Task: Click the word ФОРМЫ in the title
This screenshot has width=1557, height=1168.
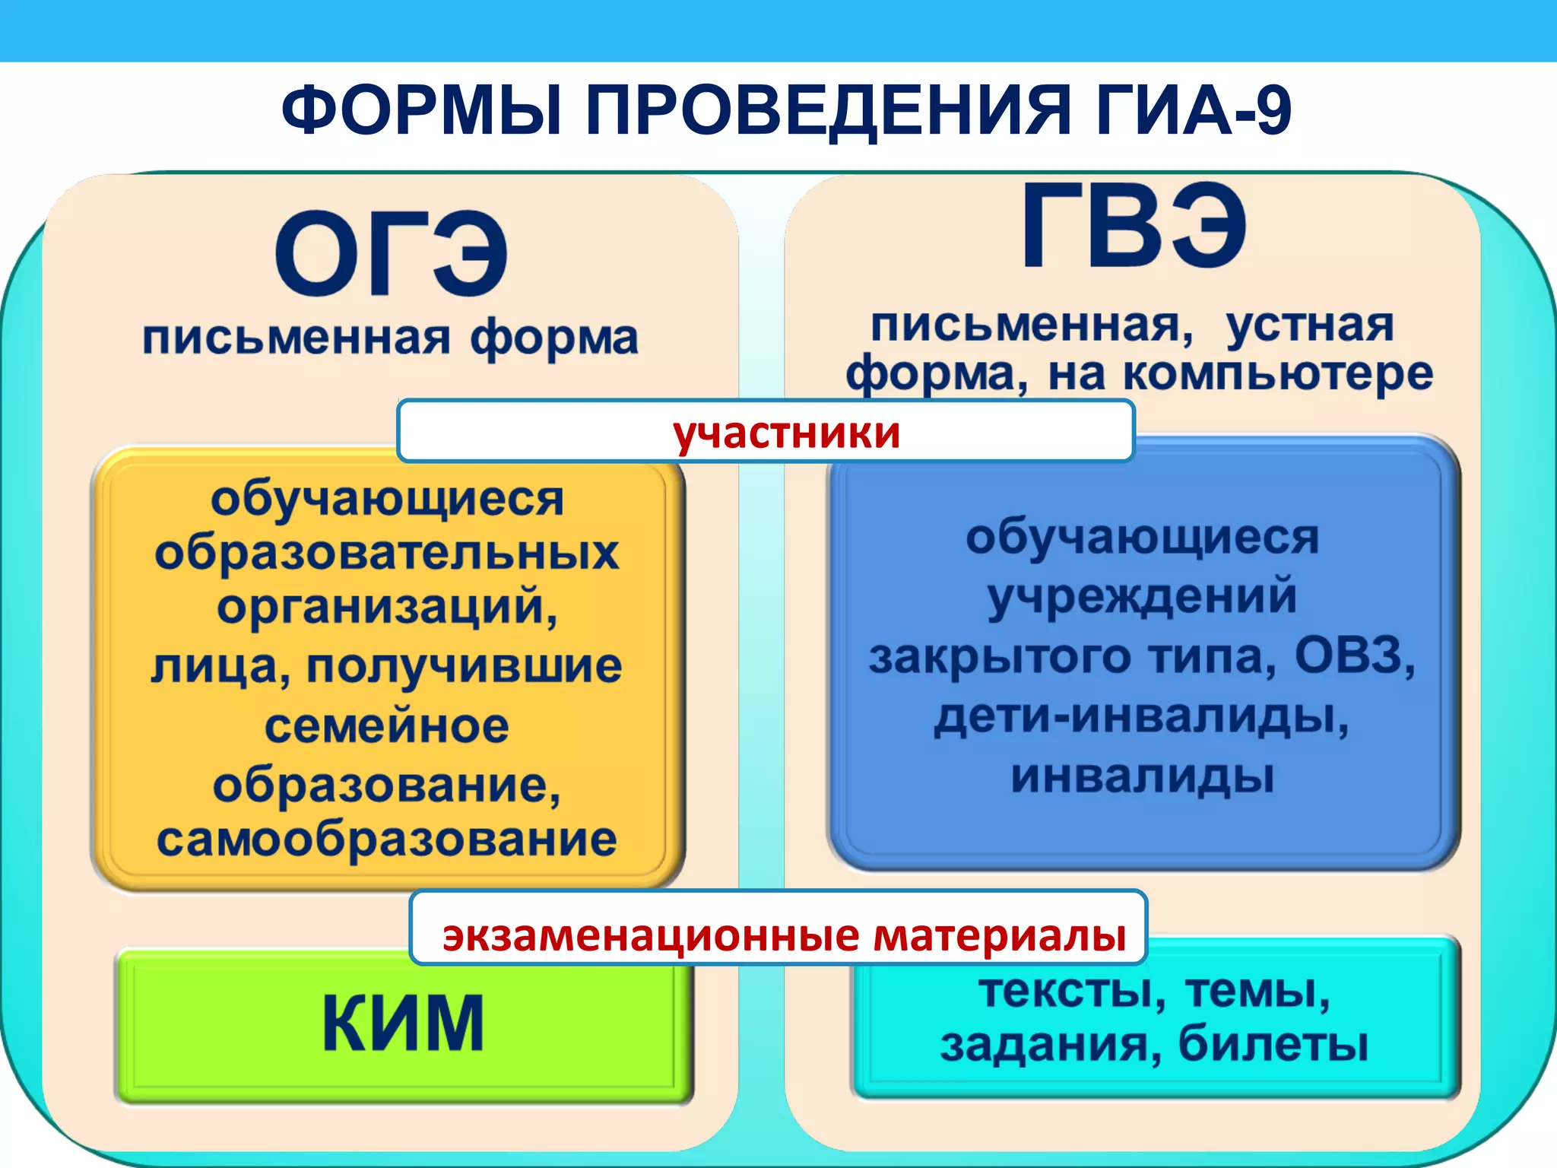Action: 423,111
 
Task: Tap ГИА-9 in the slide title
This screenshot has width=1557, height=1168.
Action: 1193,111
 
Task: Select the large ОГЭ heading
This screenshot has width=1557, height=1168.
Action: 391,255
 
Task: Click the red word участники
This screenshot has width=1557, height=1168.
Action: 786,433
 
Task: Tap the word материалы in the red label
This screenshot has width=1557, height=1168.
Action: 999,935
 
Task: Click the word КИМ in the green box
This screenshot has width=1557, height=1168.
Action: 403,1024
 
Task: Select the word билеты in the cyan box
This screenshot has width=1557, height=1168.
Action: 1273,1043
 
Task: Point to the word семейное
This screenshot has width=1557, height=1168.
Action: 387,725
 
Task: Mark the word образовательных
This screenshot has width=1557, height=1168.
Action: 387,552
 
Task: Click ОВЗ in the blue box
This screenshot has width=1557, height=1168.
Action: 1353,655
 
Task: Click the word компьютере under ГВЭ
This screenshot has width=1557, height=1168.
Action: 1278,374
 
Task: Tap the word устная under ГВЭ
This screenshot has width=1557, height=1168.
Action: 1309,325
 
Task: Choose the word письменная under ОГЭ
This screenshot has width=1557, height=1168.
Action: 296,338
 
